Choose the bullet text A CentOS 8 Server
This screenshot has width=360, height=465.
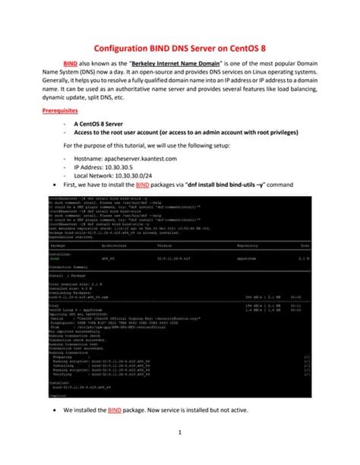pos(106,122)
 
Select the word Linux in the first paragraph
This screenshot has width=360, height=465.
pos(275,74)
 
